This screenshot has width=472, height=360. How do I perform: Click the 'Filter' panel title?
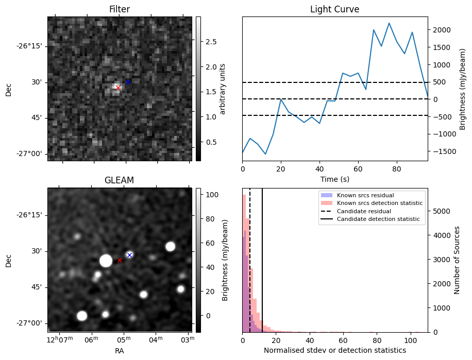point(120,9)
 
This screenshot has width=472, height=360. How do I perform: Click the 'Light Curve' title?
point(334,9)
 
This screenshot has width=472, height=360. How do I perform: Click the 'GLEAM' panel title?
point(119,180)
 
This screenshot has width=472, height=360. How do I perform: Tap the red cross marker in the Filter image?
point(118,88)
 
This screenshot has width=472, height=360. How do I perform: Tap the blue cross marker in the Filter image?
point(128,82)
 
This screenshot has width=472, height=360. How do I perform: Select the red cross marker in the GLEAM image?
point(120,260)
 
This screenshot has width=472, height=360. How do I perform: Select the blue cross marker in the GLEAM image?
point(129,255)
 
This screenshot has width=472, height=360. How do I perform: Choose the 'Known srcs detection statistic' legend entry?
point(379,203)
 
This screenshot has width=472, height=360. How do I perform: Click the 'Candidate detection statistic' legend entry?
point(378,219)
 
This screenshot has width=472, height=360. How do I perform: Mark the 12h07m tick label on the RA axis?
point(60,339)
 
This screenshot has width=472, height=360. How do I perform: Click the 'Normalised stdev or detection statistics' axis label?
point(334,350)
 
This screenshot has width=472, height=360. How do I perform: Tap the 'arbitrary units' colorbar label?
point(224,89)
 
